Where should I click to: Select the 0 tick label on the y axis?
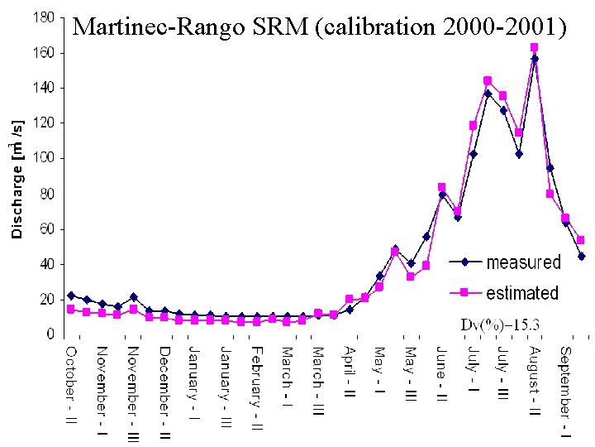click(x=51, y=334)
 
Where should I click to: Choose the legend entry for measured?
click(x=523, y=262)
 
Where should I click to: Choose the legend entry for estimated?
click(x=522, y=292)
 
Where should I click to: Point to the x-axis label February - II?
click(x=256, y=388)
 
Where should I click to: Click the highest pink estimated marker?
click(x=534, y=47)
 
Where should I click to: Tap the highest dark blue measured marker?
click(x=535, y=59)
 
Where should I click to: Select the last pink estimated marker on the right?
click(x=581, y=240)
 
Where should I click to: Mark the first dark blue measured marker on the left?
click(x=71, y=296)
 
